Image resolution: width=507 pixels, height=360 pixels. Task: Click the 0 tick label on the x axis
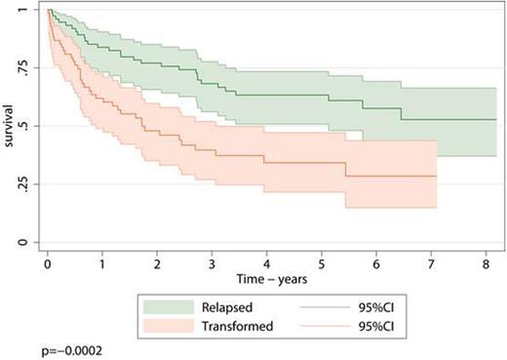click(48, 261)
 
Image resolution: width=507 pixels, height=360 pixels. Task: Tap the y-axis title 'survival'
click(11, 125)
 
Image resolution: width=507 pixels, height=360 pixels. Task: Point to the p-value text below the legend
click(38, 347)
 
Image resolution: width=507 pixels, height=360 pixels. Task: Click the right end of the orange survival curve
click(436, 177)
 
